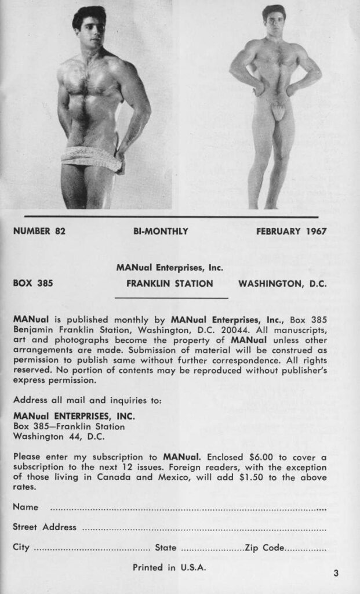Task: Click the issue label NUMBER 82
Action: pyautogui.click(x=39, y=231)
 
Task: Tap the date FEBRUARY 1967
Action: pyautogui.click(x=291, y=231)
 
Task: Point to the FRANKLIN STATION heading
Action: pyautogui.click(x=169, y=284)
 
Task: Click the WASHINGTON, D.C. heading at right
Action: pyautogui.click(x=282, y=284)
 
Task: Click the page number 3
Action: pyautogui.click(x=336, y=574)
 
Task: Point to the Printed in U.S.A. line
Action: pyautogui.click(x=169, y=567)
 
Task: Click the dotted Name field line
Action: pyautogui.click(x=188, y=508)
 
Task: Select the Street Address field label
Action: pyautogui.click(x=45, y=527)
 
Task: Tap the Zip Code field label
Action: pyautogui.click(x=265, y=547)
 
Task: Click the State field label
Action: pyautogui.click(x=165, y=547)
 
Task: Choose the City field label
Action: pyautogui.click(x=21, y=547)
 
